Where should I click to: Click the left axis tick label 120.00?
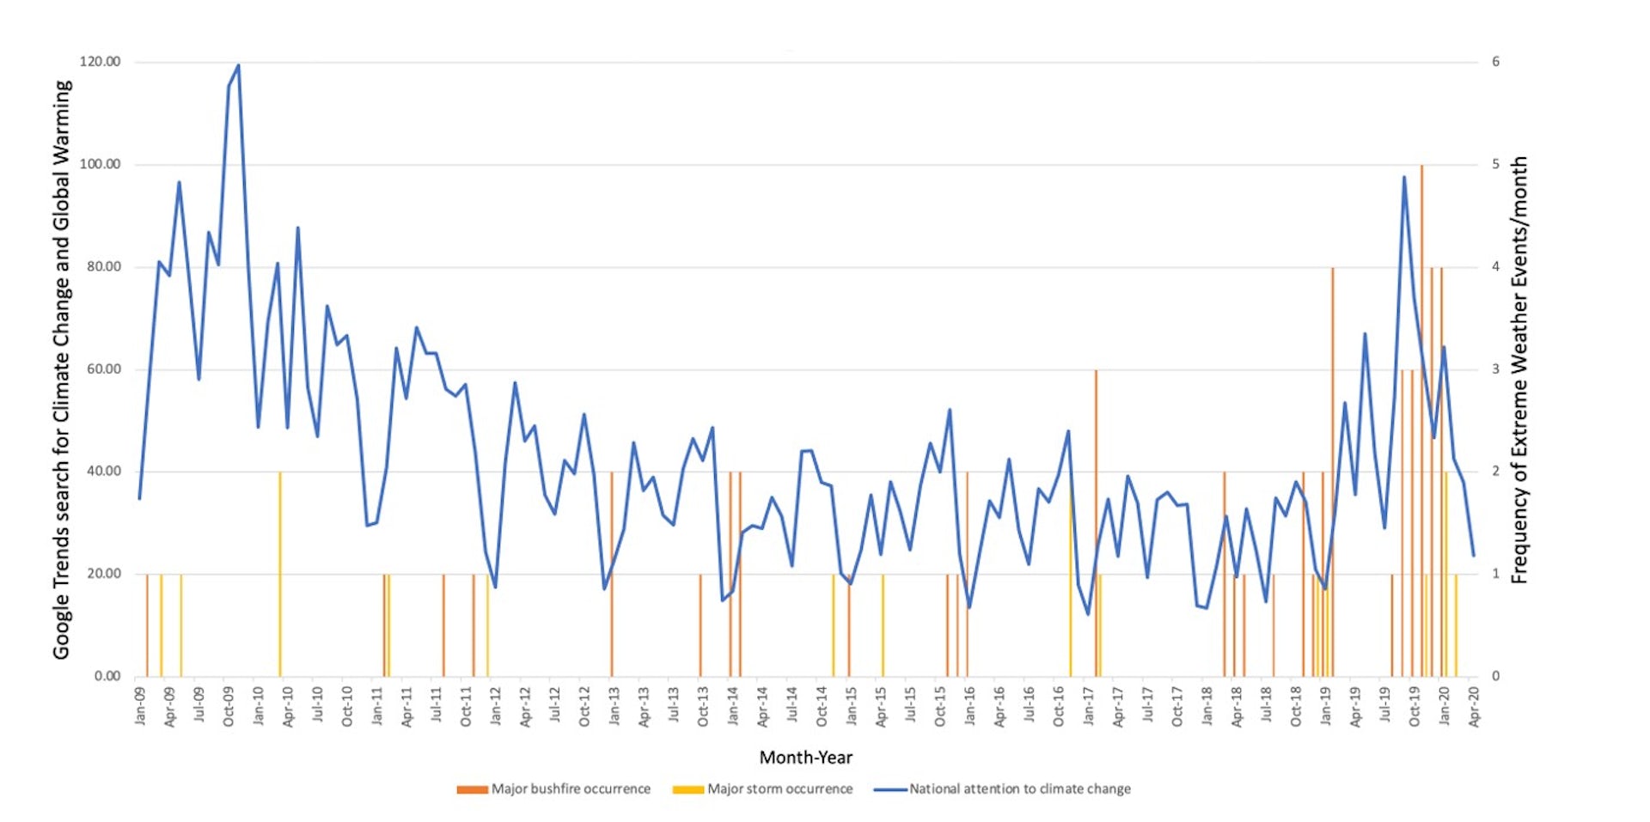point(100,62)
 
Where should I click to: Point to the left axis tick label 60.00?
point(103,369)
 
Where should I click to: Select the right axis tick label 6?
point(1495,62)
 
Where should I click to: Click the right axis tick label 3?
point(1495,369)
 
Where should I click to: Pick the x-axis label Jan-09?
point(140,705)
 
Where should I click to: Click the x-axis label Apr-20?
point(1474,706)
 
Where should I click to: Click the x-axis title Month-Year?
point(805,757)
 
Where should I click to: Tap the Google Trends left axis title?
point(61,369)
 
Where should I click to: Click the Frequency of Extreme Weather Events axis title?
point(1519,369)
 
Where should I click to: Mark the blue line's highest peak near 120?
point(238,65)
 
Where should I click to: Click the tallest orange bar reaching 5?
point(1421,258)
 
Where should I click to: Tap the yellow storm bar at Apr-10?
point(279,575)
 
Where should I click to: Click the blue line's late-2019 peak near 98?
point(1403,178)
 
